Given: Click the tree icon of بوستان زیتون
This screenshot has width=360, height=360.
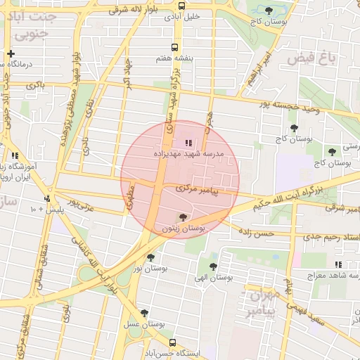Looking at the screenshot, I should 184,217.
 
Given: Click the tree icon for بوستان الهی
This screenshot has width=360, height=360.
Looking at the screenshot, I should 214,266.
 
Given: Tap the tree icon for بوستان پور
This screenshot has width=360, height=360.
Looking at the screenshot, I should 150,257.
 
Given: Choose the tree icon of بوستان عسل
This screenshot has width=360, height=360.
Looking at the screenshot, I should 145,312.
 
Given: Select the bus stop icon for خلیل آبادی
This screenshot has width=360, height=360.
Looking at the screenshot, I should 182,6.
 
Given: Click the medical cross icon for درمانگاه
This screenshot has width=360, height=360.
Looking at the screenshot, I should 11,53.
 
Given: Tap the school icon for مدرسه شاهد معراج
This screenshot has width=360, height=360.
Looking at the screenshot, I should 338,264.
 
